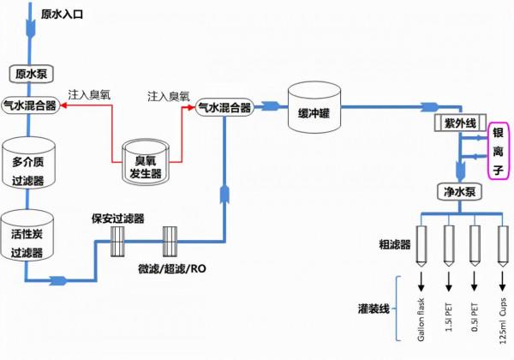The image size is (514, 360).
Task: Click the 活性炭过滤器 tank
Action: click(x=29, y=235)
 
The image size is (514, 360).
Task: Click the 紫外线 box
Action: click(x=461, y=124)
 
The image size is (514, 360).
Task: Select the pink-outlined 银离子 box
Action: click(x=499, y=152)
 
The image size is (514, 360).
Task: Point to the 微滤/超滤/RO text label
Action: click(x=171, y=268)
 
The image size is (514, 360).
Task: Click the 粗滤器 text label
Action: click(x=394, y=244)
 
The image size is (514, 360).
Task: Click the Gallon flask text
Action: click(x=421, y=318)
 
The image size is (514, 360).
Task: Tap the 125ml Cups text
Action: click(x=500, y=318)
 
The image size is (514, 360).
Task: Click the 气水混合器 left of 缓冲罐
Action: click(x=224, y=108)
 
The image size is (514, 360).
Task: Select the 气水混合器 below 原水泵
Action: click(x=30, y=105)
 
